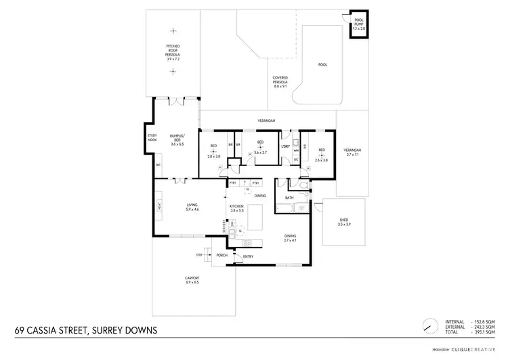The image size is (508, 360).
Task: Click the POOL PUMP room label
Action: pyautogui.click(x=358, y=26)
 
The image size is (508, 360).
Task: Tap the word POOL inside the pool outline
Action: pyautogui.click(x=322, y=65)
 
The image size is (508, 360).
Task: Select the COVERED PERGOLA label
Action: pyautogui.click(x=280, y=82)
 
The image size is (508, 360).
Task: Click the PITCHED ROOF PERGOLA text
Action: pyautogui.click(x=173, y=51)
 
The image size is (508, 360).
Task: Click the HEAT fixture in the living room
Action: pyautogui.click(x=159, y=205)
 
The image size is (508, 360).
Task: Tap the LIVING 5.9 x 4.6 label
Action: pyautogui.click(x=192, y=207)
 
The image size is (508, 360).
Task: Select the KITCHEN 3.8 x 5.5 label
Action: pyautogui.click(x=236, y=207)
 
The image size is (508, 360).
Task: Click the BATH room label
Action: pyautogui.click(x=289, y=198)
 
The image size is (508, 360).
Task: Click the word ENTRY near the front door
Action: pyautogui.click(x=248, y=256)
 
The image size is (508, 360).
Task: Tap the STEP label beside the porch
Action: pyautogui.click(x=199, y=255)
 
